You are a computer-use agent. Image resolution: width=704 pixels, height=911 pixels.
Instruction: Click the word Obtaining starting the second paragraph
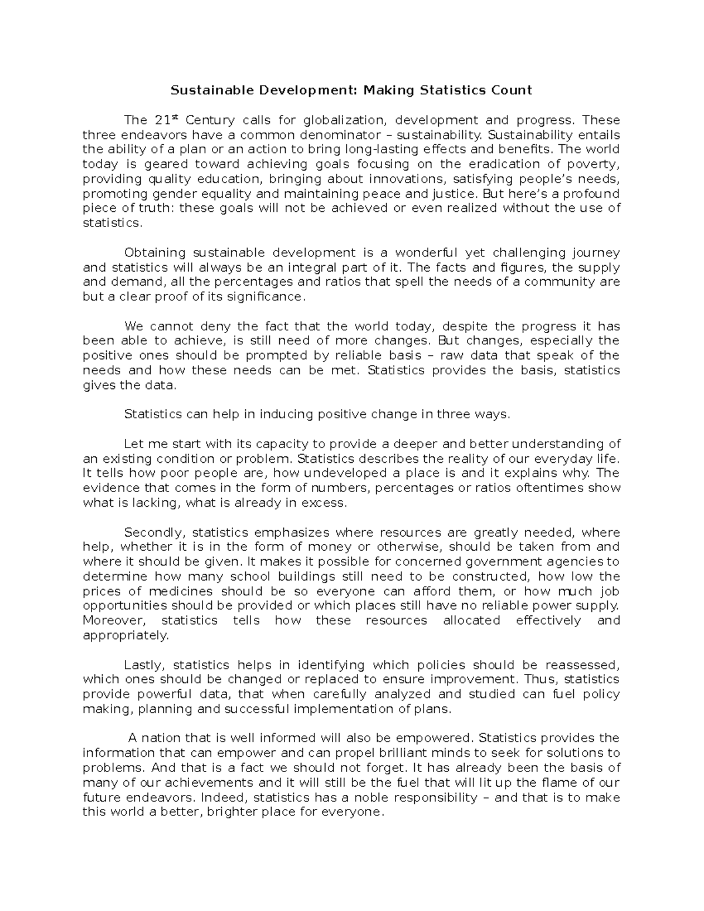(154, 253)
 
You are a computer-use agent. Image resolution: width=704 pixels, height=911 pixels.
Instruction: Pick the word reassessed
(583, 665)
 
